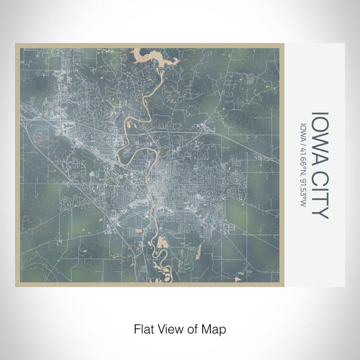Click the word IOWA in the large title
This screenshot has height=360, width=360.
point(319,134)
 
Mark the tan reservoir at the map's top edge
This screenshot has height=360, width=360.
point(154,57)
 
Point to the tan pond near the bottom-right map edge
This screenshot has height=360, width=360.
point(237,278)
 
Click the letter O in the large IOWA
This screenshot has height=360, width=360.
point(319,122)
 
